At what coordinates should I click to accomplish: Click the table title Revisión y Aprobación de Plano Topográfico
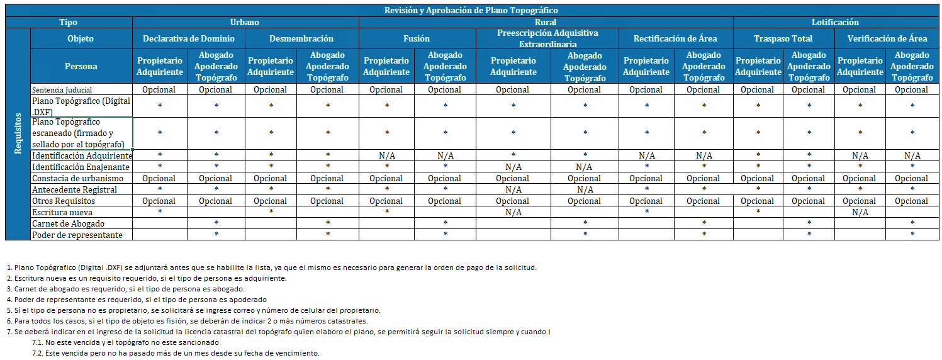coord(471,10)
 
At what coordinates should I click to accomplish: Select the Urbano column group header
coord(244,22)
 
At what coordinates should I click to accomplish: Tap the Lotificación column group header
coord(835,22)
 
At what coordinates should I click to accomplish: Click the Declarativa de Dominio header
coord(188,38)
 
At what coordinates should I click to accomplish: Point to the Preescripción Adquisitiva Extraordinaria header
coord(547,38)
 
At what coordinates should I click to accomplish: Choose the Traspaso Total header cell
coord(783,38)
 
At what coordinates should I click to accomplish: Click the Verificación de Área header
coord(887,38)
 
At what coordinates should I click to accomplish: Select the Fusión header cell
coord(417,38)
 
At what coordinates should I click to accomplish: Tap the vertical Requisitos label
coord(18,133)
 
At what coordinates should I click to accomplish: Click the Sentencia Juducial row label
coord(62,89)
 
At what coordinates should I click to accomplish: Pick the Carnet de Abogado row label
coord(68,223)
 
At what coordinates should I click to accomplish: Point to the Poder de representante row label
coord(77,235)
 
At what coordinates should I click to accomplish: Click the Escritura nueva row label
coord(62,212)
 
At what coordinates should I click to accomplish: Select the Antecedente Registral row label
coord(74,189)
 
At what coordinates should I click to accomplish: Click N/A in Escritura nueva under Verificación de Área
coord(860,212)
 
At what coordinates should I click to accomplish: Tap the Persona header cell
coord(81,66)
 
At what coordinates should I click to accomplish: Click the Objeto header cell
coord(81,38)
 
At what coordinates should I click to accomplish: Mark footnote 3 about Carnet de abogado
coord(126,289)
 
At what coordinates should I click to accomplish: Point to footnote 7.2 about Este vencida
coord(176,353)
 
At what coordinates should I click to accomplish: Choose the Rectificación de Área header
coord(675,38)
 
